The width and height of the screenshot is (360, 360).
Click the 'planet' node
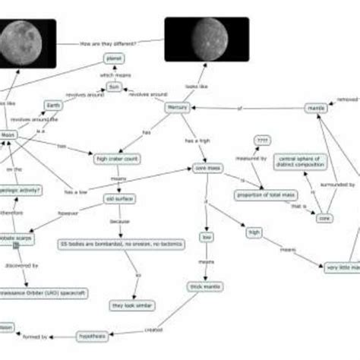pos(113,58)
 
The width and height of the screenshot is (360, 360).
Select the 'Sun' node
pos(113,87)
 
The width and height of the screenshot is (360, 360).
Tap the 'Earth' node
pos(53,106)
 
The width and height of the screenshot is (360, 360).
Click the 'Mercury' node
pos(176,108)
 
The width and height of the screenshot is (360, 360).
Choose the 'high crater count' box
pos(117,159)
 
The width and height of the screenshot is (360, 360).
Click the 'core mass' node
pos(207,168)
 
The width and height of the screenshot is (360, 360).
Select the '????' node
pos(263,141)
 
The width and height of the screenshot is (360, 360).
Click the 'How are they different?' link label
pos(108,43)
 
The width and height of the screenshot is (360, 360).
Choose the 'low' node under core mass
pos(207,237)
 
